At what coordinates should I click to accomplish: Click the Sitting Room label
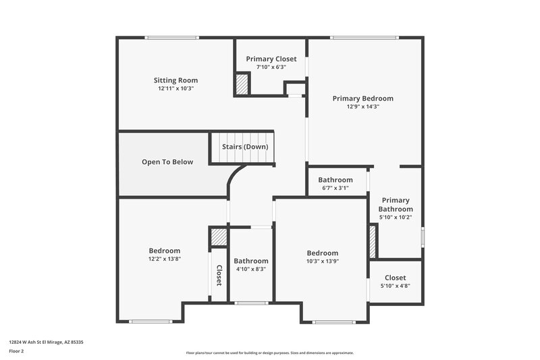point(175,80)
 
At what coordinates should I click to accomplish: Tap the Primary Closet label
point(271,59)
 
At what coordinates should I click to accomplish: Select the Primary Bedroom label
point(362,98)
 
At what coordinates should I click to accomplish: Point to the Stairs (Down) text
point(245,147)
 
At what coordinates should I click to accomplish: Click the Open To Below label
point(167,162)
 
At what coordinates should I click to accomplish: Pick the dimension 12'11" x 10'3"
point(175,88)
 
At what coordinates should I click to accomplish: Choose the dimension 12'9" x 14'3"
point(362,106)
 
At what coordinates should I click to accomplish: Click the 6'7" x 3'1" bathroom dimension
point(335,188)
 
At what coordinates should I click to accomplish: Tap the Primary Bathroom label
point(396,205)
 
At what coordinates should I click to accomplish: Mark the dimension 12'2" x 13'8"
point(165,259)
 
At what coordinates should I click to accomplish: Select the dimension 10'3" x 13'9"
point(322,261)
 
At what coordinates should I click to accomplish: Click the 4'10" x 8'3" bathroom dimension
point(251,269)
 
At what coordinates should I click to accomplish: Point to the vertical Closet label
point(219,275)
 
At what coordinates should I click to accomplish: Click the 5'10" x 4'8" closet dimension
point(395,286)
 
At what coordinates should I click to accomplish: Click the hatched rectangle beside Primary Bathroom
point(372,240)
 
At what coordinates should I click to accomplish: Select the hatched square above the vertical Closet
point(219,238)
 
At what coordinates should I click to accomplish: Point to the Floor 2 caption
point(17,351)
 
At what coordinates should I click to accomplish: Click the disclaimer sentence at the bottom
point(270,353)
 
